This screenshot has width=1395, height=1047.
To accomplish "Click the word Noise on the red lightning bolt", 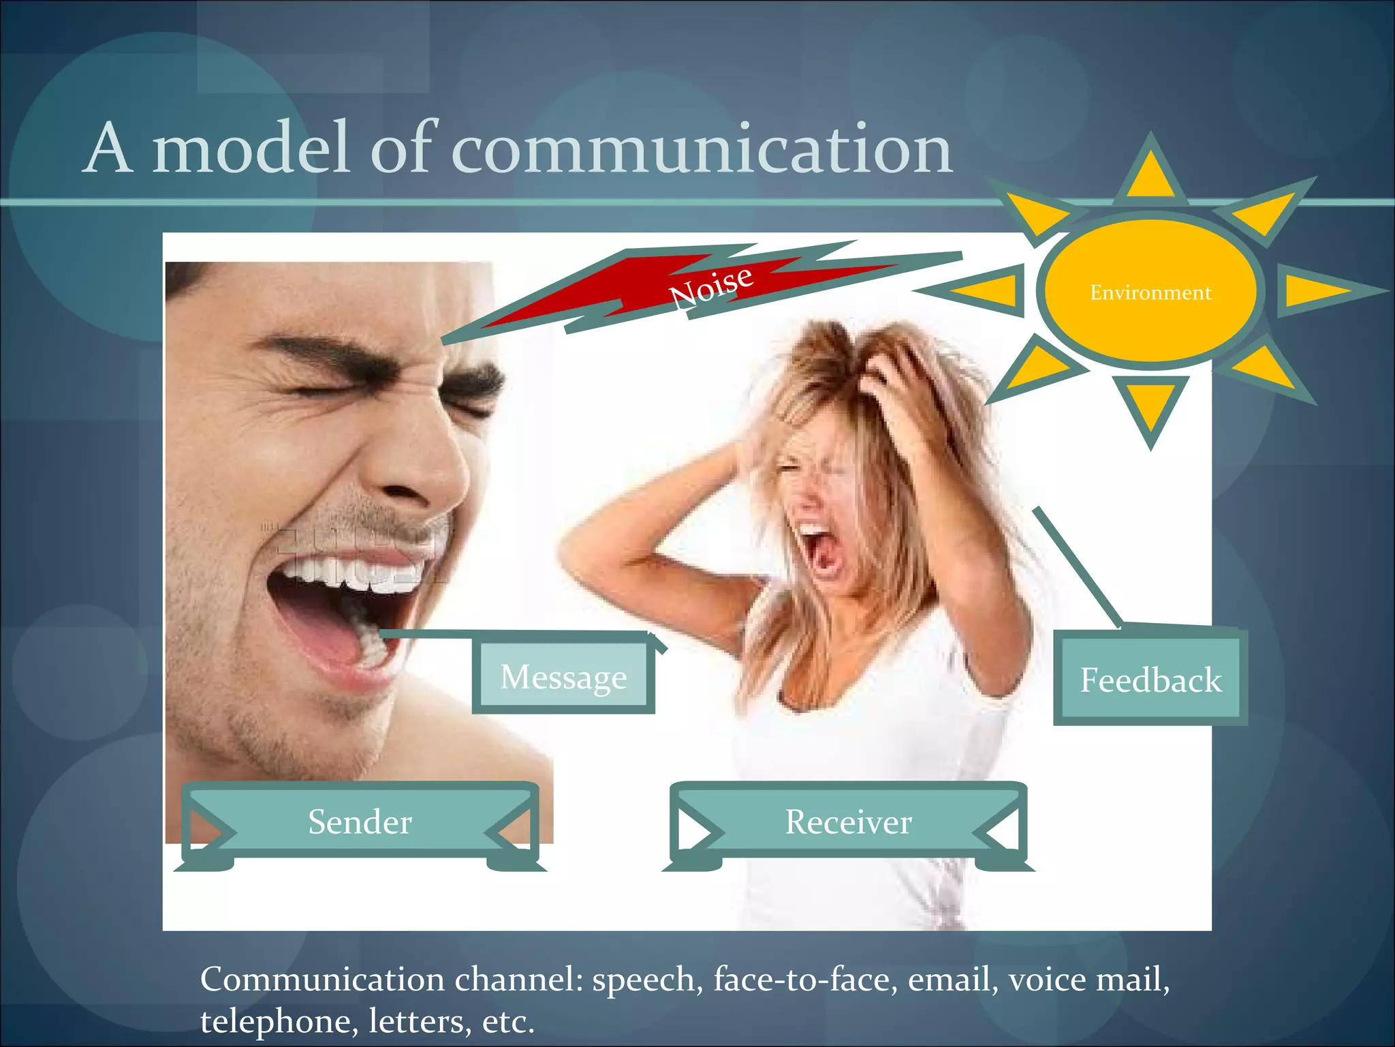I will (711, 287).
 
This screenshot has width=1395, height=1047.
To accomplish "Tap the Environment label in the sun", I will (1150, 292).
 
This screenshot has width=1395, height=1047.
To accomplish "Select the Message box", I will (563, 677).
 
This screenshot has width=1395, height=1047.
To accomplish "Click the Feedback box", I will (1150, 680).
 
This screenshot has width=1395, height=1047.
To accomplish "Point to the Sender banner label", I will (360, 821).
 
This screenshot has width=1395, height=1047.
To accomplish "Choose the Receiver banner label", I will (848, 821).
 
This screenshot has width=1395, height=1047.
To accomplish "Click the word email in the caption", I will (949, 980).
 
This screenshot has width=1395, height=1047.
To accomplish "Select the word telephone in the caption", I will (276, 1021).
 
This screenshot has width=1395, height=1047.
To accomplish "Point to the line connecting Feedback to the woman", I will (1076, 566).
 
